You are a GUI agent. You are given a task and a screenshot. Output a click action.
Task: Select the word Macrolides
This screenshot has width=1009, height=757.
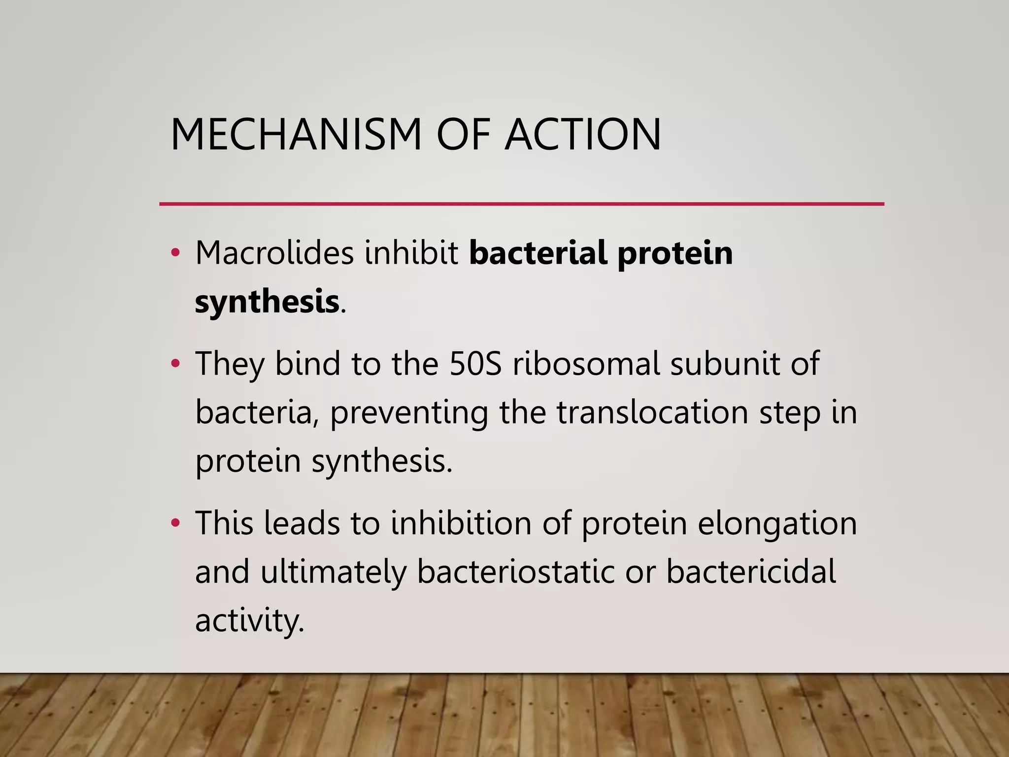point(274,253)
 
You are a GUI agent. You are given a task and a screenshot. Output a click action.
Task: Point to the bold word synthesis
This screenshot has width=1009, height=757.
point(267,302)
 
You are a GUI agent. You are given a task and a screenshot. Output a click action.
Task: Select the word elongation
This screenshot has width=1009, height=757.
point(777,524)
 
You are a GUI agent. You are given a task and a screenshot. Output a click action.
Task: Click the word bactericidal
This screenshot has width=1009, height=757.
point(751,572)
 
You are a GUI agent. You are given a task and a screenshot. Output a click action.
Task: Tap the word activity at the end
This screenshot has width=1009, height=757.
point(249,621)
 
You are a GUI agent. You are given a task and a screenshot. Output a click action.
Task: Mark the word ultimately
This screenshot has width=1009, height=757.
point(334,573)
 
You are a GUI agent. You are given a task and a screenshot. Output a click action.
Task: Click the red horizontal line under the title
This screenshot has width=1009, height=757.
point(521,204)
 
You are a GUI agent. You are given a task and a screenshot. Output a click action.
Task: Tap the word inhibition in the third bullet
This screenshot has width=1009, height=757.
point(461,523)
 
